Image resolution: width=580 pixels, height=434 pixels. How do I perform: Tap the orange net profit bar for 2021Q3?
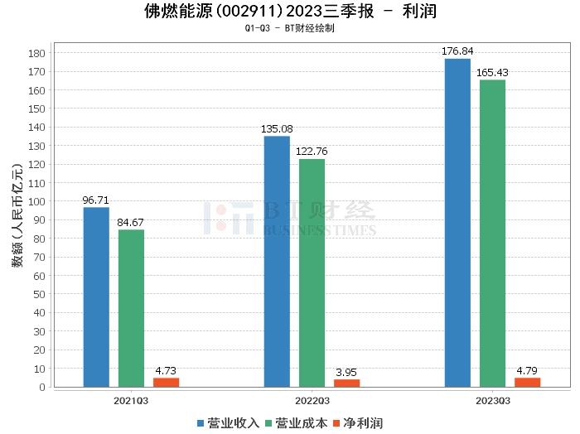(166, 382)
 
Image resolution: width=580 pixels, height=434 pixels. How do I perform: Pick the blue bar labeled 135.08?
(277, 261)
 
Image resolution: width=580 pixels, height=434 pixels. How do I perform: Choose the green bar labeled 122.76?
(312, 272)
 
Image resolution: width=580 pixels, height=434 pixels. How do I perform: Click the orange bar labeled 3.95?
(346, 383)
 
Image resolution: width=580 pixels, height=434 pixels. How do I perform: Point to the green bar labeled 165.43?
(492, 233)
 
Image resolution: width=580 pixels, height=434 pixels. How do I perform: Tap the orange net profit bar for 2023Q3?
(527, 382)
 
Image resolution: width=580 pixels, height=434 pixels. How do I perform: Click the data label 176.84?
(457, 51)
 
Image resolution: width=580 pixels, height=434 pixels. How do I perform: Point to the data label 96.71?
(96, 200)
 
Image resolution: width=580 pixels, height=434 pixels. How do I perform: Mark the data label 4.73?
(166, 371)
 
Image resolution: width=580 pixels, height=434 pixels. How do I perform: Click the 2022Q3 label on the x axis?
(312, 400)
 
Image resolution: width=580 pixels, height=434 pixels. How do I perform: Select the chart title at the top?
(290, 12)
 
